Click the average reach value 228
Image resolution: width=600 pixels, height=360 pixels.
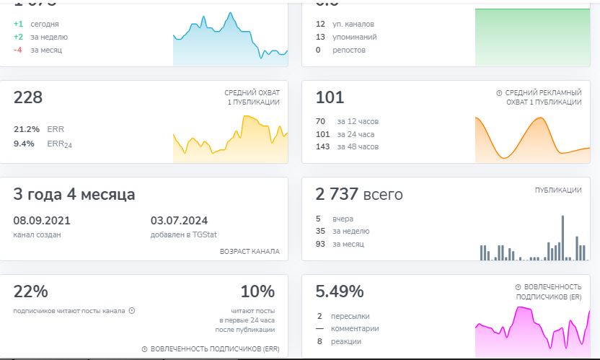coord(28,97)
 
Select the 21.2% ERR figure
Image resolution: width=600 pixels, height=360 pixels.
coord(27,129)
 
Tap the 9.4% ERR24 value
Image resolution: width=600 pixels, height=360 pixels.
coord(24,144)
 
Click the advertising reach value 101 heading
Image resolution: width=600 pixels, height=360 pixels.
coord(330,97)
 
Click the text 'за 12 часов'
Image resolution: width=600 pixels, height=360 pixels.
coord(358,120)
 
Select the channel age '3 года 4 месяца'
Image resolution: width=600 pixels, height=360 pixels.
coord(74,194)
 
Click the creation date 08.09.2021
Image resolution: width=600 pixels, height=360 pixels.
coord(42,220)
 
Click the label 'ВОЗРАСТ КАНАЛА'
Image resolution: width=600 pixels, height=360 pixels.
coord(250,251)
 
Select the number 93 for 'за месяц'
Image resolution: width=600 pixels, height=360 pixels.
coord(320,244)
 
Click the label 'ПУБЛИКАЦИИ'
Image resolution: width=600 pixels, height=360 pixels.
coord(558,190)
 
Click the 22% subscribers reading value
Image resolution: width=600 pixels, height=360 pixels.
coord(30,291)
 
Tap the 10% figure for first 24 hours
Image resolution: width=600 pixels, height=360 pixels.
coord(257,291)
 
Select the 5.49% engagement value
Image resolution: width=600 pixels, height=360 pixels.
coord(339,291)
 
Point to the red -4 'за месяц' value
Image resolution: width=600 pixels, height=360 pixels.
coord(18,50)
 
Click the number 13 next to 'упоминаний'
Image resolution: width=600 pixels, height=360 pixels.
coord(320,37)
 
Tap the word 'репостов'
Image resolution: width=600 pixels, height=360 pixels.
coord(348,50)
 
